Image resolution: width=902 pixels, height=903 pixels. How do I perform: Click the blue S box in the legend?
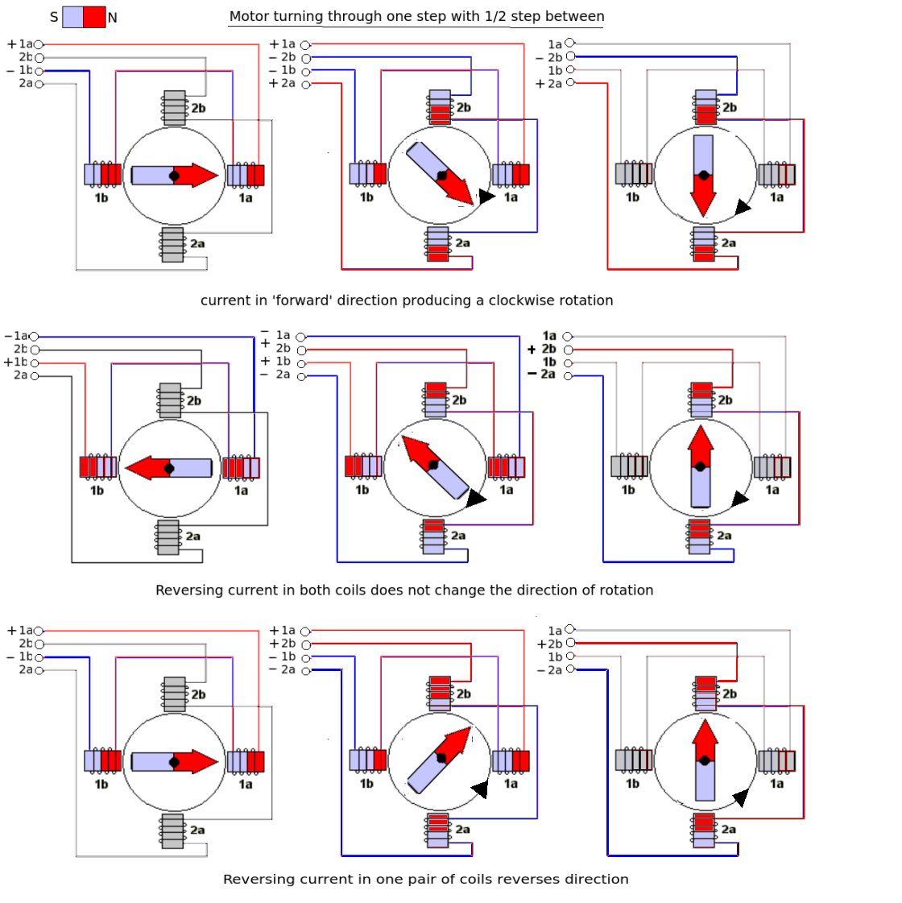(x=72, y=17)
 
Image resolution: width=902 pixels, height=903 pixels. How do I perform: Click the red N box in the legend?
(x=94, y=17)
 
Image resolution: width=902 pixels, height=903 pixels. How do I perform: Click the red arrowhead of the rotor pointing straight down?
(x=703, y=201)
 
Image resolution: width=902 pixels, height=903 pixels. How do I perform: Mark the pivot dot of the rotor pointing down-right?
(x=441, y=176)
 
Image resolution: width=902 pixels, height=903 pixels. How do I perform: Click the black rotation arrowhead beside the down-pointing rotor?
(x=742, y=208)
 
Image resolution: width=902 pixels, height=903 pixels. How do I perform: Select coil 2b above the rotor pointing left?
(x=170, y=400)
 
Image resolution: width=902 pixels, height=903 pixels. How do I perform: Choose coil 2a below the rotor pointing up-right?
(x=438, y=830)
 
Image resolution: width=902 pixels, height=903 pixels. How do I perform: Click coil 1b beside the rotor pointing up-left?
(x=363, y=466)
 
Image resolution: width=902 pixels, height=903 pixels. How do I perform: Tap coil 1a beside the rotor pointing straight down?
(x=776, y=174)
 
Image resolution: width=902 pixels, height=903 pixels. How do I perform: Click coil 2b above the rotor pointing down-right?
(x=440, y=107)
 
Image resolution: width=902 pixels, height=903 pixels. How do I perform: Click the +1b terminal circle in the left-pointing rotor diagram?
(x=35, y=363)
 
